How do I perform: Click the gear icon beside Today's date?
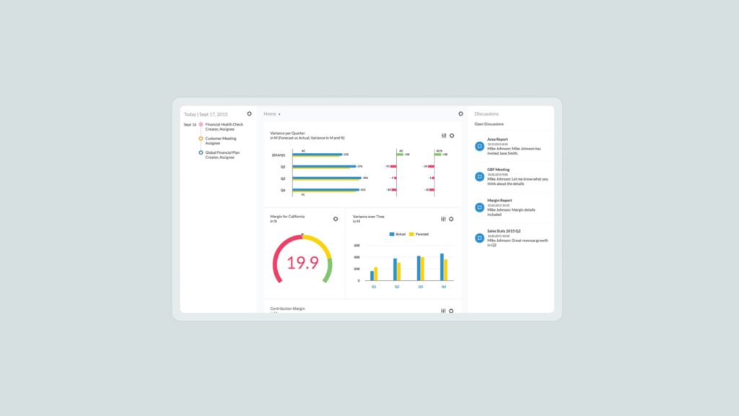(250, 113)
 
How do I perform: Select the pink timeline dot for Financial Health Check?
(201, 124)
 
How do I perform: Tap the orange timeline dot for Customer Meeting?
(201, 138)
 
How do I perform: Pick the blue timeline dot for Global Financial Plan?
(201, 152)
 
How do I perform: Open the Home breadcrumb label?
(270, 114)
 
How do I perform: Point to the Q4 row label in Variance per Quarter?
(283, 190)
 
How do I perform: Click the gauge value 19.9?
(302, 263)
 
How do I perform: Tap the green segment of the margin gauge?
(328, 271)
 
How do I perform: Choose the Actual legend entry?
(398, 234)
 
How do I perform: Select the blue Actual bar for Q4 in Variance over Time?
(442, 266)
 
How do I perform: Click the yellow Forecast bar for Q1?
(376, 274)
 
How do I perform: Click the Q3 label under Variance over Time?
(420, 287)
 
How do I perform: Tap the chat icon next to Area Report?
(479, 146)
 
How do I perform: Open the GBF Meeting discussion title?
(498, 170)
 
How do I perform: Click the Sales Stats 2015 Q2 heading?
(504, 231)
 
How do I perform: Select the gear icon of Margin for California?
(336, 219)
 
